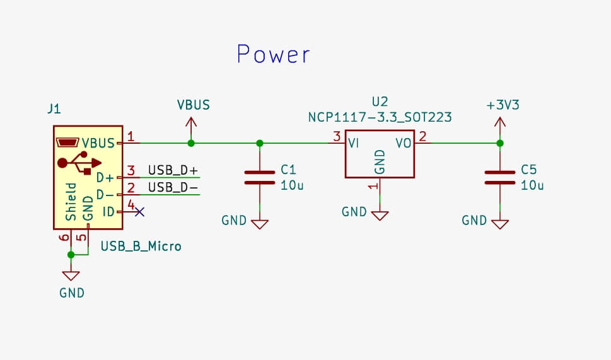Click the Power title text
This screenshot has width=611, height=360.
tap(274, 55)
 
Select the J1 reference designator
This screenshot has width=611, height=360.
tap(54, 109)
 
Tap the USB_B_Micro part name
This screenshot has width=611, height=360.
tap(141, 246)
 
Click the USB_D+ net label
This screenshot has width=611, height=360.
tap(173, 170)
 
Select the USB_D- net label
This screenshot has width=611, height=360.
tap(173, 188)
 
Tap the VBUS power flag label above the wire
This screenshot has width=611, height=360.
tap(193, 105)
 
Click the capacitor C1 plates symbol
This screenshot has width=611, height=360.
tap(260, 177)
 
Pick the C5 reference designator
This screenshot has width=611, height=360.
tap(529, 170)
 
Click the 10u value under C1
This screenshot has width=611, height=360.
tap(292, 185)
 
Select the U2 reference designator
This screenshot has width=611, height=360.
tap(380, 102)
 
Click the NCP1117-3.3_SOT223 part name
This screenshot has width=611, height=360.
tap(380, 117)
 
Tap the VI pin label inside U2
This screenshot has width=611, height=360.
tap(354, 144)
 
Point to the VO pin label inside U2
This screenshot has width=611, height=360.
tap(404, 144)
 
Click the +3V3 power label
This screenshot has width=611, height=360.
tap(503, 105)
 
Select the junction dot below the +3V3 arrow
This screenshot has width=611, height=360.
tap(499, 143)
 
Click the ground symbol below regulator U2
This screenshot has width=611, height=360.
tap(380, 215)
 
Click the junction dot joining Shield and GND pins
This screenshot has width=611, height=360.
tap(71, 255)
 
